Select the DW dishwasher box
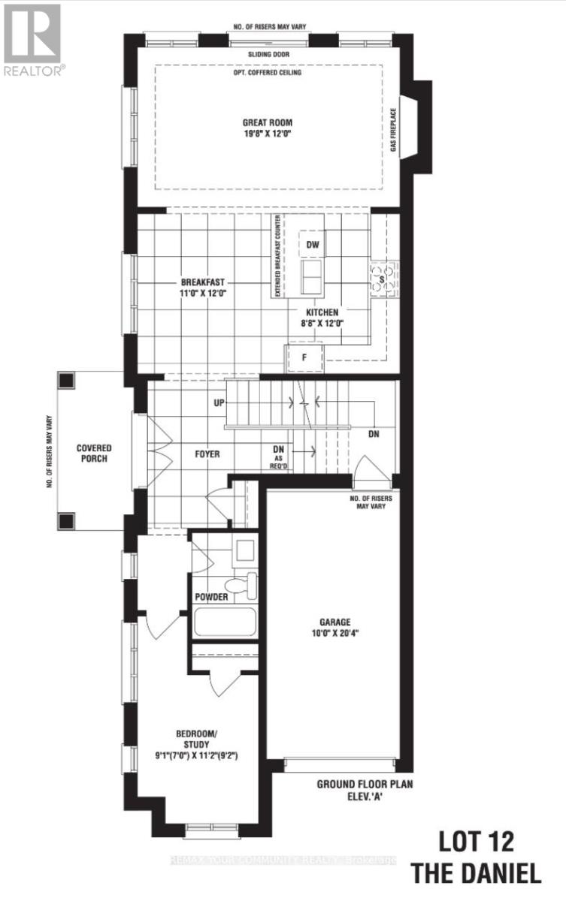coord(312,244)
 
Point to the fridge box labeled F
coord(304,357)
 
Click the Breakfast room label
coord(203,288)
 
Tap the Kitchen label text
coord(322,317)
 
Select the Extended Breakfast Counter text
coord(277,257)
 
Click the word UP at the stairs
coord(219,403)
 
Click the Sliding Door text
coord(267,55)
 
